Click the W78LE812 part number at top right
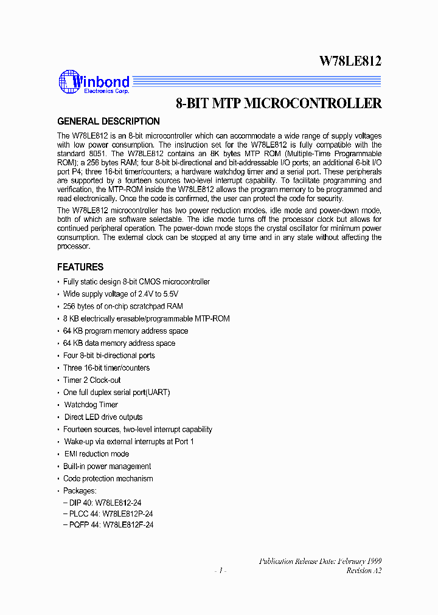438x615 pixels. tap(350, 61)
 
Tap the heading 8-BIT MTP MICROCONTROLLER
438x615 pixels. tap(279, 103)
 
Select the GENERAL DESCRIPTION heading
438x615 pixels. tap(108, 122)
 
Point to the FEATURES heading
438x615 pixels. tap(80, 267)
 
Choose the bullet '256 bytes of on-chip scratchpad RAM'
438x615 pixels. tap(123, 306)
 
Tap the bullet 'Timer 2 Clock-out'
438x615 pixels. tap(92, 380)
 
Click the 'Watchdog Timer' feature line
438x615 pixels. tap(91, 405)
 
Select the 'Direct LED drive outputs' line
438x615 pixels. tap(103, 417)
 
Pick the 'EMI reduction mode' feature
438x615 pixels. tap(97, 454)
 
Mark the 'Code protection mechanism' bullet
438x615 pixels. tap(108, 479)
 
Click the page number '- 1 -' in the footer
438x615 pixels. tap(220, 571)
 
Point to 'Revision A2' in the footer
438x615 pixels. tap(364, 571)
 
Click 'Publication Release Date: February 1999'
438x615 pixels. tap(321, 561)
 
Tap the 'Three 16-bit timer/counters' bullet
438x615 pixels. tap(106, 368)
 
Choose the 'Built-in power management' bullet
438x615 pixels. tap(107, 467)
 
